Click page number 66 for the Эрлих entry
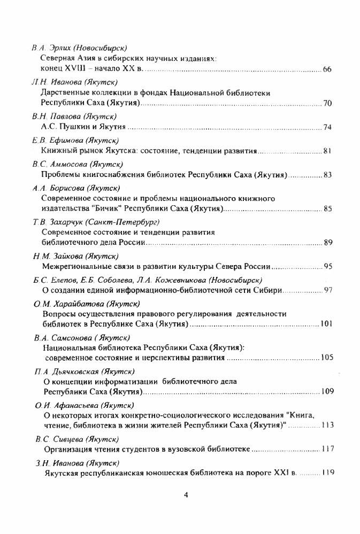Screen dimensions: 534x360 328,70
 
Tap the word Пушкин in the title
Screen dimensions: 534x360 76,127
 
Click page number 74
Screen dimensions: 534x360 328,127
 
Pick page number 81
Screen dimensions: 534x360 328,151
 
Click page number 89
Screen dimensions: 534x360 328,243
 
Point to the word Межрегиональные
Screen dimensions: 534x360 77,267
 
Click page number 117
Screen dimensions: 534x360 326,450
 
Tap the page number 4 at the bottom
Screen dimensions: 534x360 185,494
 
